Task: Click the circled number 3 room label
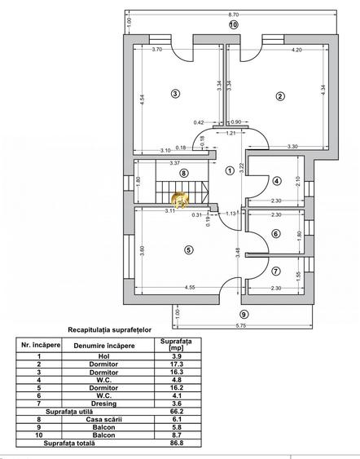pos(175,94)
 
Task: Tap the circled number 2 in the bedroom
pos(280,96)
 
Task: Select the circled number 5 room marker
pos(189,250)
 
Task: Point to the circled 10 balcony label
pos(234,25)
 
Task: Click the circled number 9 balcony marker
pos(244,315)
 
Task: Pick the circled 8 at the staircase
pos(183,174)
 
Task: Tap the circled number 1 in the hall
pos(230,170)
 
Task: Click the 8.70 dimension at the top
pos(234,15)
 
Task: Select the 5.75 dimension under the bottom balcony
pos(240,326)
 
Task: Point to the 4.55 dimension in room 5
pos(190,288)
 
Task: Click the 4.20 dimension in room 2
pos(296,50)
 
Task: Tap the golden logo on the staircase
pos(180,200)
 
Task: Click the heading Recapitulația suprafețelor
pos(110,330)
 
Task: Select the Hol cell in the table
pos(104,356)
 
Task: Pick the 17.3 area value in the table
pos(177,364)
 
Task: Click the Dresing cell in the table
pos(103,404)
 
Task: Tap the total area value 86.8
pos(177,443)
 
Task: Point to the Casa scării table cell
pos(103,420)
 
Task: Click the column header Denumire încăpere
pos(104,346)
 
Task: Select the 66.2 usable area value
pos(177,411)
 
